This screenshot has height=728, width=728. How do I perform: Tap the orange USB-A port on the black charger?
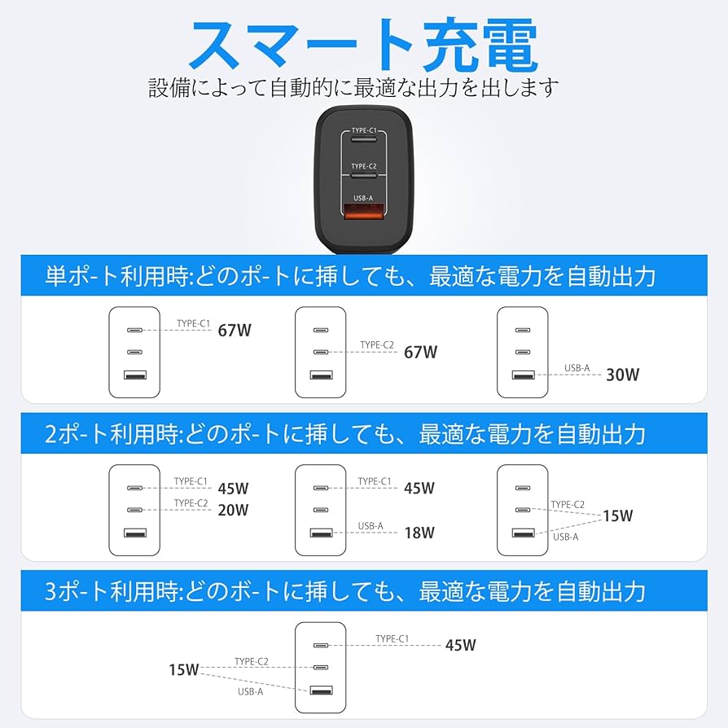click(364, 216)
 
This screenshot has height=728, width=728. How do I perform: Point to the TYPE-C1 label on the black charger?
click(364, 130)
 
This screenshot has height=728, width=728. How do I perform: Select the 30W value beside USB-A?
click(622, 375)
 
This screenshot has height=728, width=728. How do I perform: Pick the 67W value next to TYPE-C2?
click(421, 352)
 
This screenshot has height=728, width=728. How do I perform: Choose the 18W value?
click(419, 533)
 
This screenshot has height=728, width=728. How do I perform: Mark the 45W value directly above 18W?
click(419, 488)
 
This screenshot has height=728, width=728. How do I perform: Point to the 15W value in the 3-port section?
click(184, 670)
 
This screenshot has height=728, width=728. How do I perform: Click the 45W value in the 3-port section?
click(460, 645)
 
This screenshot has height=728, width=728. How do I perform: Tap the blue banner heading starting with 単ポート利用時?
click(350, 276)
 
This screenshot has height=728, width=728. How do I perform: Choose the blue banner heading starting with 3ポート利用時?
click(345, 590)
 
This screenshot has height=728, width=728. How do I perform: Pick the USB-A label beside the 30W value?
click(577, 368)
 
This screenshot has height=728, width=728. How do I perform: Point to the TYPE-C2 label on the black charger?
click(364, 166)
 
